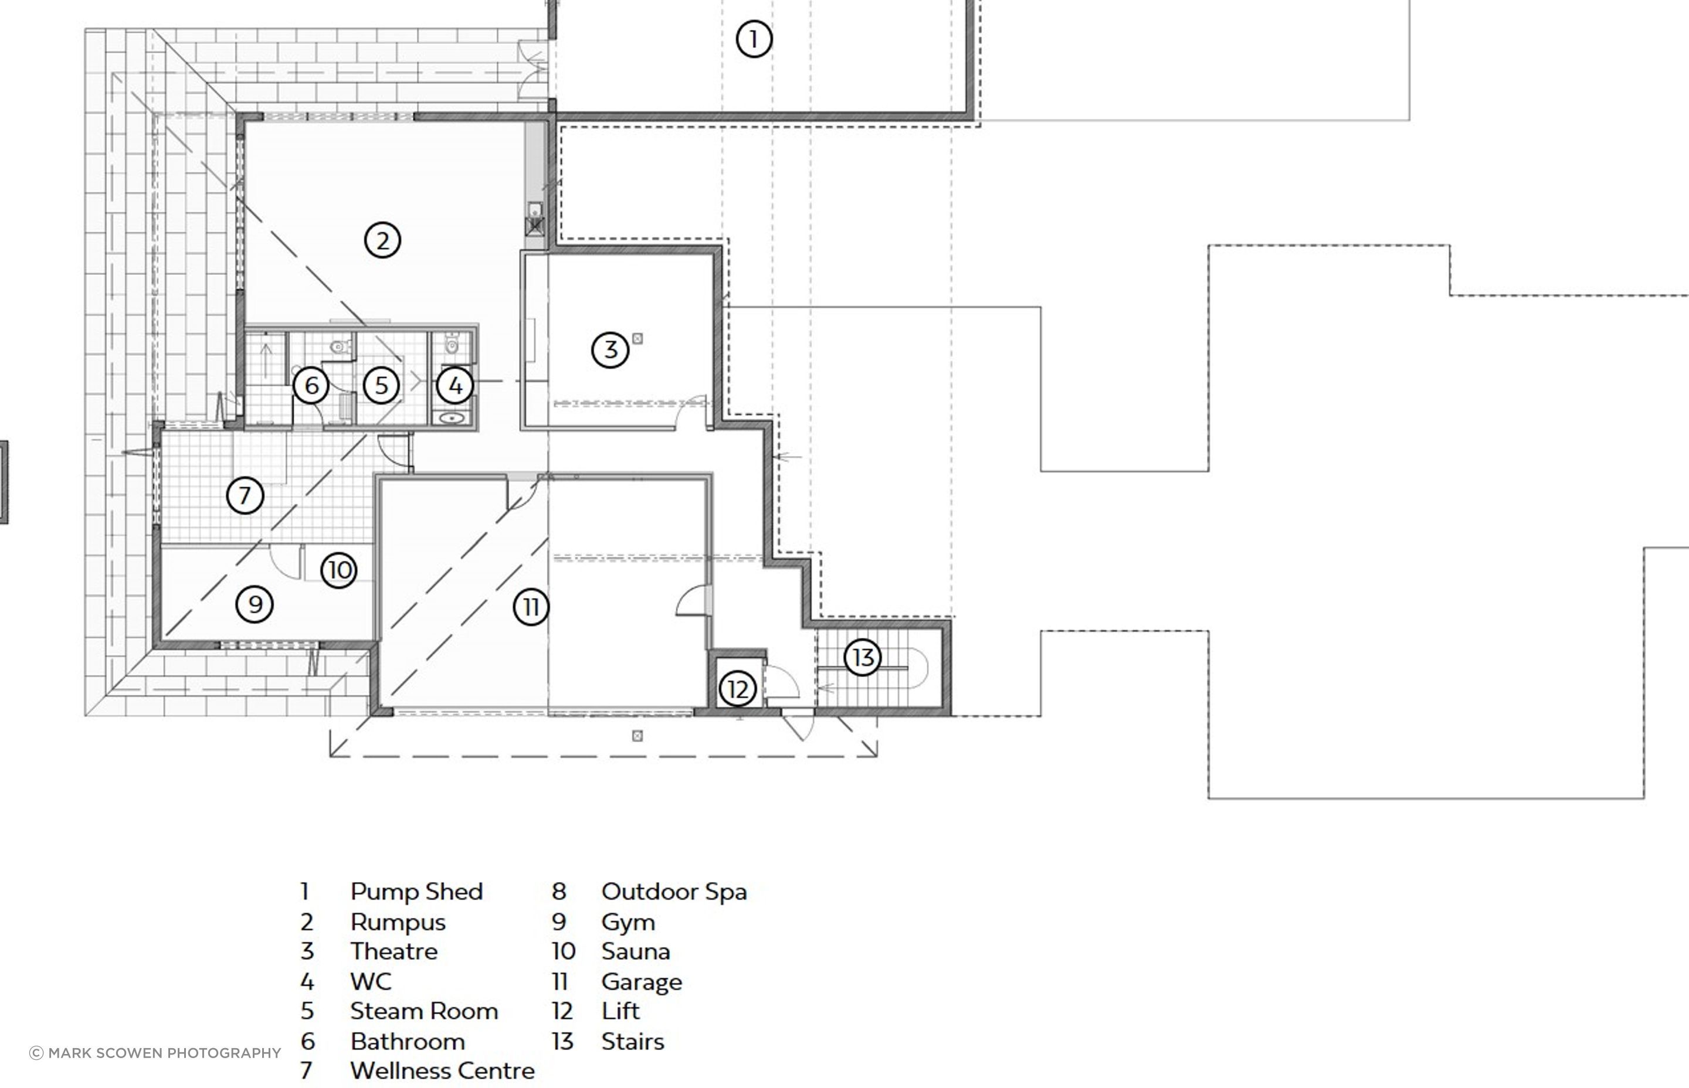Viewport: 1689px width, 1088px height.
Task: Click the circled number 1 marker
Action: point(754,39)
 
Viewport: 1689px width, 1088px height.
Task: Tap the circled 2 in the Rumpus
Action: point(382,240)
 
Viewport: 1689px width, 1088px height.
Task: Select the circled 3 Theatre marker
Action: point(610,350)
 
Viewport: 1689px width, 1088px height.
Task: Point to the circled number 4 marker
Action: point(455,386)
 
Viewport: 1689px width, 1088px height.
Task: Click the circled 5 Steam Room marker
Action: point(381,386)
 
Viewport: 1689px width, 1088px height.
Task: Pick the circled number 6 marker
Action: point(311,386)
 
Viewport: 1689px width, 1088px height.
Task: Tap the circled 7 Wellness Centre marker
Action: point(245,495)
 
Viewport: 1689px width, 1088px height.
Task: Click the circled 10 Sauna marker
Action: point(339,570)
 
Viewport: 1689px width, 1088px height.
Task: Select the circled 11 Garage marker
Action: point(531,607)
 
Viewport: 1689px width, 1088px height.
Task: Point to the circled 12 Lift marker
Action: point(737,689)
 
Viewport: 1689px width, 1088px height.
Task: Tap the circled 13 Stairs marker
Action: point(862,658)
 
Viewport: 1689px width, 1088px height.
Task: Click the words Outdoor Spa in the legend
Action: point(674,892)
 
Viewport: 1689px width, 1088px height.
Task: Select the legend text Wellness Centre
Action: point(442,1071)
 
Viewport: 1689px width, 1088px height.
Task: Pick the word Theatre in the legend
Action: point(394,951)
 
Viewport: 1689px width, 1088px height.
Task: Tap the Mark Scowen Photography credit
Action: point(155,1053)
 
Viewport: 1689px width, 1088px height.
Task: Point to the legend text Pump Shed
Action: point(416,892)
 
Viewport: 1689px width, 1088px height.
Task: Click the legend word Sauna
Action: point(635,951)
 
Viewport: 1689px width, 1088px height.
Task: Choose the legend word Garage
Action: point(642,982)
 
